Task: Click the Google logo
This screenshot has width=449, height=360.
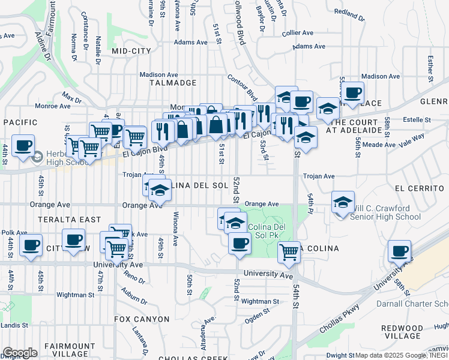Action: pyautogui.click(x=20, y=352)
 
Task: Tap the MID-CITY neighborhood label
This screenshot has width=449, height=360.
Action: pyautogui.click(x=131, y=52)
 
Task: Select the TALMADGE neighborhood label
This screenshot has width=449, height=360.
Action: pyautogui.click(x=172, y=83)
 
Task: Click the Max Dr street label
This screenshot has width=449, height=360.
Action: pyautogui.click(x=71, y=97)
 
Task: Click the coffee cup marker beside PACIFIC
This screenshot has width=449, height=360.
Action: pyautogui.click(x=23, y=146)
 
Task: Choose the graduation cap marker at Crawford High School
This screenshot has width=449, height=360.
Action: pyautogui.click(x=343, y=202)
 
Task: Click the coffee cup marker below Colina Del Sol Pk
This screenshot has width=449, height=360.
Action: pyautogui.click(x=240, y=242)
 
